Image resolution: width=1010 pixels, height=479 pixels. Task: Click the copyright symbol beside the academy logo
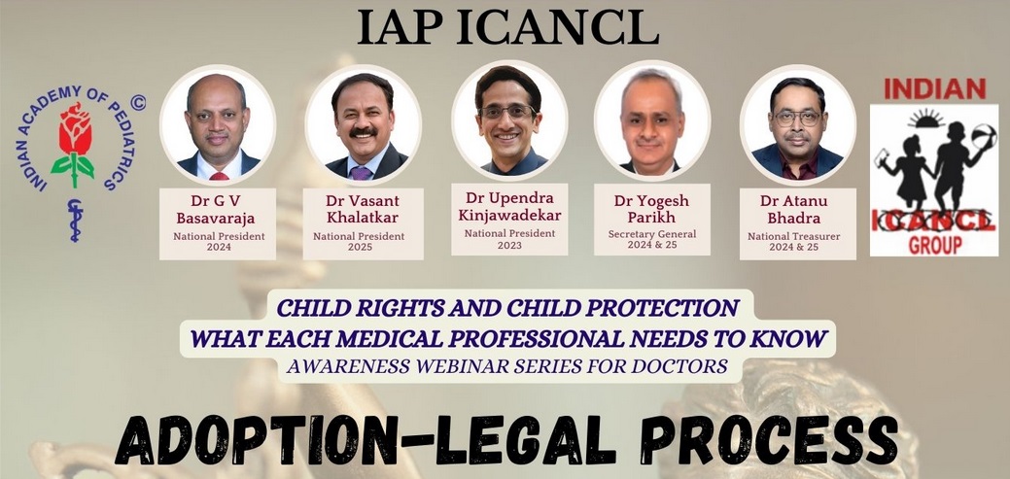tap(138, 102)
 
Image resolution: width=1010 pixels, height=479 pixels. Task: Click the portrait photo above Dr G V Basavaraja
tap(218, 124)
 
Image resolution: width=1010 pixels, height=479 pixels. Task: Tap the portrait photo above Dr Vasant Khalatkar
tap(364, 124)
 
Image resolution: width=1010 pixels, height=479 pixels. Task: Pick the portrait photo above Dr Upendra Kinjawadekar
tap(508, 120)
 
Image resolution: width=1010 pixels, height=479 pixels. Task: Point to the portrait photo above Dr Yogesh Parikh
tap(652, 120)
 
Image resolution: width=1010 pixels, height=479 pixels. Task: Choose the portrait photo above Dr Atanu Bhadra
tap(798, 124)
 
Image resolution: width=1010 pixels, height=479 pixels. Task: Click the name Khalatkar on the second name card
tap(364, 217)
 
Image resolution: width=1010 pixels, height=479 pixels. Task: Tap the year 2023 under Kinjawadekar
tap(509, 245)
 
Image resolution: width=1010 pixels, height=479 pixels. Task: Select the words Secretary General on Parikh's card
tap(652, 234)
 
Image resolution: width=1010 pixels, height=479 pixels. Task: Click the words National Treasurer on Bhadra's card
tap(793, 236)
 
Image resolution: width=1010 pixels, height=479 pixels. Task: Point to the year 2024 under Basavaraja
tap(219, 247)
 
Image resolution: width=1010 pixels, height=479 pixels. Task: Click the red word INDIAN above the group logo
tap(934, 88)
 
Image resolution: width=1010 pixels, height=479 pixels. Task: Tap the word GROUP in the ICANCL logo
tap(934, 245)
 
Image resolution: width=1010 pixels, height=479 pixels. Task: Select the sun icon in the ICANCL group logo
tap(926, 120)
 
